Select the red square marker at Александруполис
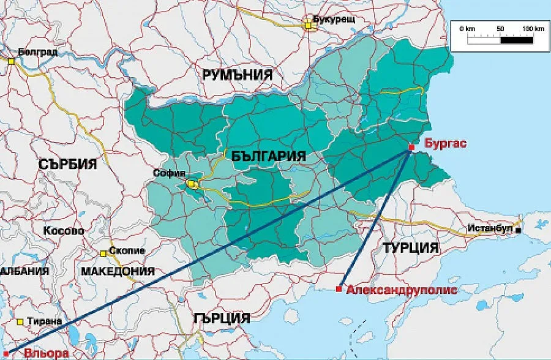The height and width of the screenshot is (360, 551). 339,289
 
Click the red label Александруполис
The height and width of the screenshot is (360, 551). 401,290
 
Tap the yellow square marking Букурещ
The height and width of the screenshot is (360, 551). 309,25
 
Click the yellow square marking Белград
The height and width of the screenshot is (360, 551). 10,60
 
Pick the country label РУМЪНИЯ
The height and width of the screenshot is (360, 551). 237,75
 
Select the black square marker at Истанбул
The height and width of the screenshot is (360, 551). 519,231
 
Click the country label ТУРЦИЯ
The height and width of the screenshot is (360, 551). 411,248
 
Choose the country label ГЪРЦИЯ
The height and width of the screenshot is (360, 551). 221,318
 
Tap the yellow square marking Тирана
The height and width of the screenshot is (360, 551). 21,321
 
